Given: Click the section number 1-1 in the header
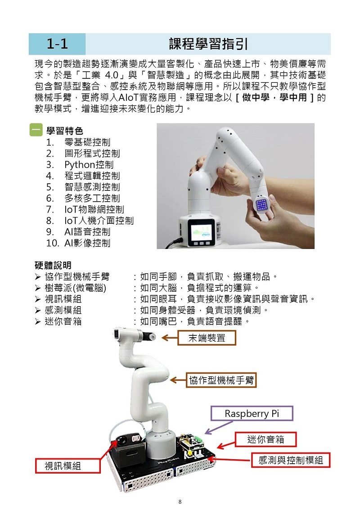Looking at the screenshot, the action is [x=57, y=44].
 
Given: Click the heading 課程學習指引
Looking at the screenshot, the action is [x=208, y=44].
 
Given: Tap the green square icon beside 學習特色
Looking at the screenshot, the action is [x=36, y=130].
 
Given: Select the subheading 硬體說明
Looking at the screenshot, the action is [x=53, y=265].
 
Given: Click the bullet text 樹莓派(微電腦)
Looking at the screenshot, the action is [x=76, y=288].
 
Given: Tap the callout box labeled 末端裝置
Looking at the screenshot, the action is [x=207, y=338].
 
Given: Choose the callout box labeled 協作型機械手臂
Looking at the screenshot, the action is [x=221, y=380].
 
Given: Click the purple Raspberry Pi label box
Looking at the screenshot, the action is [x=252, y=414].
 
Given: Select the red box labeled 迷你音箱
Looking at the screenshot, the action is [x=265, y=439].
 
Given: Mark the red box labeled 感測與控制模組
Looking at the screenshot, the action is [x=290, y=460].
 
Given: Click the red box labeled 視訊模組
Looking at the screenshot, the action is [x=67, y=466].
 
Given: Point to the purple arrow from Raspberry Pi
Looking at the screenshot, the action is [x=219, y=427].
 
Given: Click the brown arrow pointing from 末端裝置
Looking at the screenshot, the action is [x=170, y=338].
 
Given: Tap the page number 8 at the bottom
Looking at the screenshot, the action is [x=180, y=502].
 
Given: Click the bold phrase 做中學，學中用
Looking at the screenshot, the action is [x=274, y=98].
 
